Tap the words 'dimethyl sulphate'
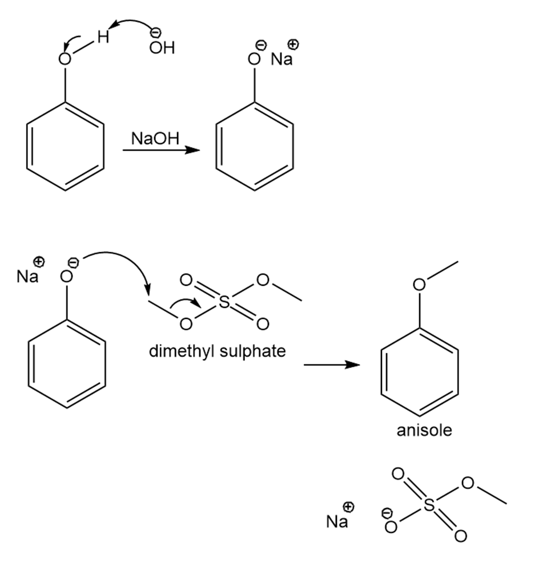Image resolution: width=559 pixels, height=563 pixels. pos(217,350)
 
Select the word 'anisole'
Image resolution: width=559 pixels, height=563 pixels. pos(424,430)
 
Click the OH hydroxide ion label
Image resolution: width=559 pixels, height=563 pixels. pos(162,48)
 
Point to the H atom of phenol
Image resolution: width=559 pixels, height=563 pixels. pos(102,38)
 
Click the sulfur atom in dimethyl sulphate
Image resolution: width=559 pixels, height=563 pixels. pos(224,302)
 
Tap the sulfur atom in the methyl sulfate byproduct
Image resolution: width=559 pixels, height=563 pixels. pos(429,505)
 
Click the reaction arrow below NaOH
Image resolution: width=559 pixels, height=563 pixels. pos(161,151)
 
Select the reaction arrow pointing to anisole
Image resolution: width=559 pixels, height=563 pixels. pos(333,365)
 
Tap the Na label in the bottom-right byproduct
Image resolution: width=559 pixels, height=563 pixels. pos(337,521)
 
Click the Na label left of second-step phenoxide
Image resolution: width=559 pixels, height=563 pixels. pos(27,277)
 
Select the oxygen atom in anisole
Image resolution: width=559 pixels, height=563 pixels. pos(420,283)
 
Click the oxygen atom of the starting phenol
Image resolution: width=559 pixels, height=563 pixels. pos(66,59)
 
